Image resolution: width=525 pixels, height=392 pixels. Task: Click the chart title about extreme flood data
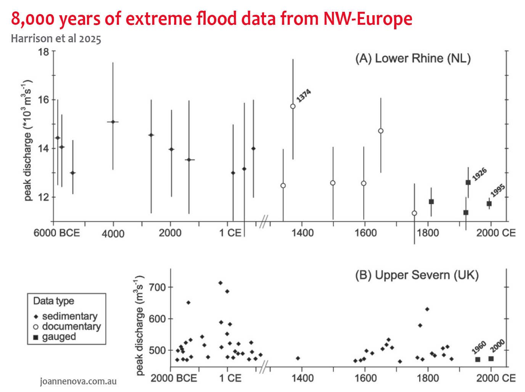(211, 18)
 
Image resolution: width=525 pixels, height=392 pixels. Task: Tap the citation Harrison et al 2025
(56, 38)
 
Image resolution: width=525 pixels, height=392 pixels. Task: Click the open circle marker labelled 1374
(293, 106)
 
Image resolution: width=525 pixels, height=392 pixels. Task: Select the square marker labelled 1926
(468, 182)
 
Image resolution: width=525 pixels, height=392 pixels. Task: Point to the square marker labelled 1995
(489, 204)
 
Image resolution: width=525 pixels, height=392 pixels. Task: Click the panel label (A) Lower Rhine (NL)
(413, 58)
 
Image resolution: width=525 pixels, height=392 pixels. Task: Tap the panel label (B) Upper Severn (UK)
(417, 275)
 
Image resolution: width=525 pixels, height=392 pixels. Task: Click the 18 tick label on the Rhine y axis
(43, 52)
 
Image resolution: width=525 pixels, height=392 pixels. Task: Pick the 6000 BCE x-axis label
(56, 233)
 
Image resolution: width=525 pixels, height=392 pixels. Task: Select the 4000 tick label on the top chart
(113, 234)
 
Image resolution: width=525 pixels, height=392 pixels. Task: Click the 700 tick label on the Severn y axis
(157, 287)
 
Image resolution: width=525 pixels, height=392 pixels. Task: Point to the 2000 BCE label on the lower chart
(174, 378)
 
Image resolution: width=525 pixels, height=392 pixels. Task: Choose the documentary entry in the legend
(71, 326)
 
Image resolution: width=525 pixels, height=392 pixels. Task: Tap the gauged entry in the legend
(59, 337)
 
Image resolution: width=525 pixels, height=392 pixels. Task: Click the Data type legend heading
(53, 301)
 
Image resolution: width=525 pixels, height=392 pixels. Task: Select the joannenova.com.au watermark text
(78, 381)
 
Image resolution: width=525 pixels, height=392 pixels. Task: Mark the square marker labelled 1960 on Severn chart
(478, 360)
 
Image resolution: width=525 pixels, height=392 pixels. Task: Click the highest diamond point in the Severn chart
(220, 283)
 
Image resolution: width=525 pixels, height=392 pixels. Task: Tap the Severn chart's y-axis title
(139, 325)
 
